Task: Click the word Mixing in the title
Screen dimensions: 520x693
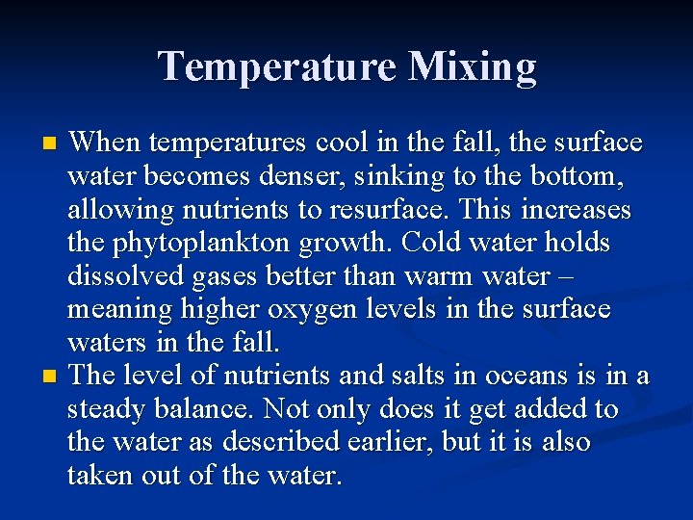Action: [472, 66]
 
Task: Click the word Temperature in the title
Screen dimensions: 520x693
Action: [276, 66]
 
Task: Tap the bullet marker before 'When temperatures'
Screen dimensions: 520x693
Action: [51, 143]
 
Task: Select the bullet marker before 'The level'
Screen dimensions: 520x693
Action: [51, 375]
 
